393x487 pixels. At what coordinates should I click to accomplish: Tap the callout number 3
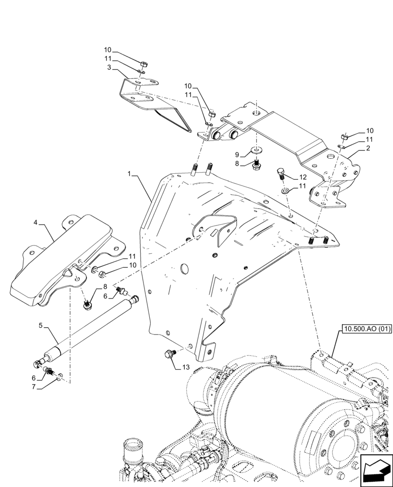pyautogui.click(x=110, y=67)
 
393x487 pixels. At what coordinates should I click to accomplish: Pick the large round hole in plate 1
pyautogui.click(x=184, y=269)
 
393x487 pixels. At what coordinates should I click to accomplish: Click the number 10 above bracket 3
pyautogui.click(x=107, y=50)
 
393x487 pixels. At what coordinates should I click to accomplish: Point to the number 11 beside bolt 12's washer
pyautogui.click(x=303, y=186)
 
